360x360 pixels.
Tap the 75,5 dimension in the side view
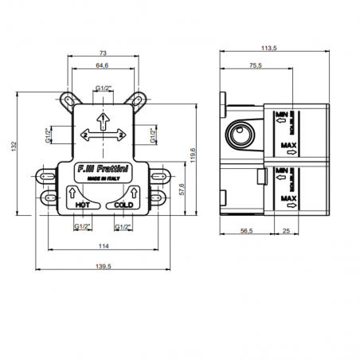pyautogui.click(x=254, y=68)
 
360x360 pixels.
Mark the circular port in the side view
pyautogui.click(x=241, y=135)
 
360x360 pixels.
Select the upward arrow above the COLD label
pyautogui.click(x=133, y=192)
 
